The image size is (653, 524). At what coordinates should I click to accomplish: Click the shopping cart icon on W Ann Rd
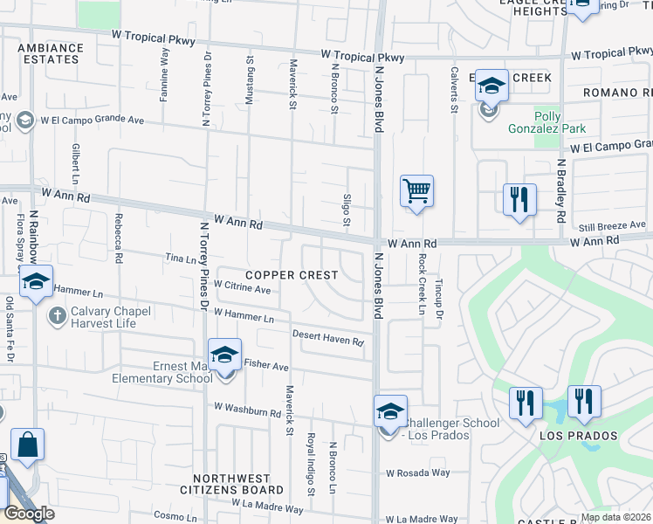click(x=417, y=190)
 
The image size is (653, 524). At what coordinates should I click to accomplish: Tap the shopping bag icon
click(x=27, y=443)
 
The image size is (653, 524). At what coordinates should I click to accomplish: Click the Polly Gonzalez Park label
click(x=559, y=122)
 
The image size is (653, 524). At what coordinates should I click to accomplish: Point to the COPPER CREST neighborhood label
click(x=291, y=275)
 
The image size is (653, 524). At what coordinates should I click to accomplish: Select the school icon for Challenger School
click(x=390, y=410)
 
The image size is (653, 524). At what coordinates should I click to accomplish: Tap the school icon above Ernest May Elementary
click(x=225, y=354)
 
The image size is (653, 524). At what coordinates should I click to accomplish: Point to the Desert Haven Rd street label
click(x=327, y=337)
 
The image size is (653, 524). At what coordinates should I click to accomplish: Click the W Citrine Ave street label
click(x=242, y=286)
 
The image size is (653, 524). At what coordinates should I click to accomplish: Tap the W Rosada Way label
click(x=417, y=472)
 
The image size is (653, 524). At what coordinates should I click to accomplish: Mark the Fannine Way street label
click(x=164, y=75)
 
